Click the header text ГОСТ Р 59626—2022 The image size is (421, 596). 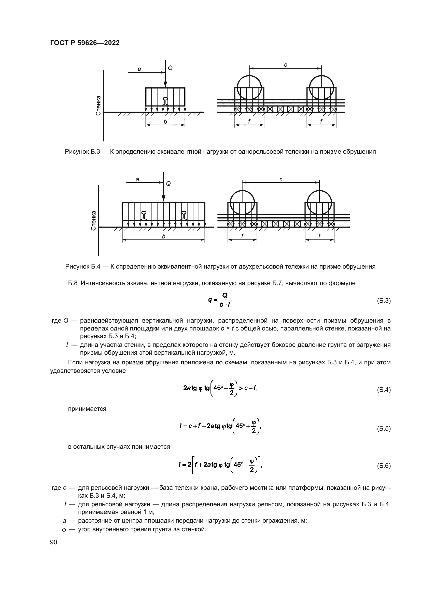pos(85,43)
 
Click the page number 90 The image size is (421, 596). pos(54,542)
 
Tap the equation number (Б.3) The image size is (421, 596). pos(383,301)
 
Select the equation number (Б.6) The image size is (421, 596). pos(383,466)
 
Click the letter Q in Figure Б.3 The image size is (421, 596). pos(170,68)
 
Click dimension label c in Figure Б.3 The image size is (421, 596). pos(285,65)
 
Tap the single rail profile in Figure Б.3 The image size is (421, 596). pos(165,101)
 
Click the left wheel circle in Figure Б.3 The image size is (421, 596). pos(249,87)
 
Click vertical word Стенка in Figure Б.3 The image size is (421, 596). pos(99,106)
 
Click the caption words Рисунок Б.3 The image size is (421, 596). pos(82,152)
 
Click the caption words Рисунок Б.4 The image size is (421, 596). pos(83,267)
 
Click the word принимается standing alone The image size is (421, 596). pos(87,409)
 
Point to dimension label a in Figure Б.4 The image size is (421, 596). pos(137,179)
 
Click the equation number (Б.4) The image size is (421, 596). pos(383,390)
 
